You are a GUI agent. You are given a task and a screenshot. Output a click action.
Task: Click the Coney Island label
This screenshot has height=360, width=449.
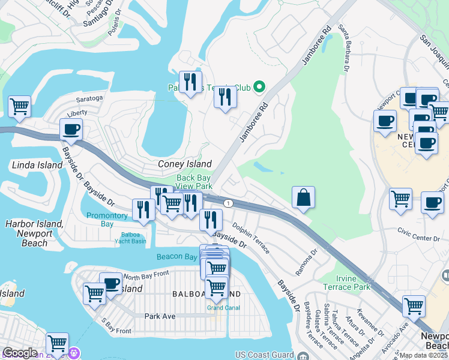(x=184, y=164)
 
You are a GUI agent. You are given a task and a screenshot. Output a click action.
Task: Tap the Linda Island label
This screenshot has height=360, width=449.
(x=37, y=165)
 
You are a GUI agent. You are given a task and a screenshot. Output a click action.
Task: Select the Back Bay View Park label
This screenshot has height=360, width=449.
(x=194, y=182)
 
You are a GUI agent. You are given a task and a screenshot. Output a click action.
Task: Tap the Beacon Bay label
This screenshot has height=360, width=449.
(x=176, y=257)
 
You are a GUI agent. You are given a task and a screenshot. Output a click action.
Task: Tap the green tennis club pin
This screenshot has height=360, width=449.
(x=259, y=88)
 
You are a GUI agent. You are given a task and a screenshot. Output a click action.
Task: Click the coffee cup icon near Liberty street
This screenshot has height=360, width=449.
(x=71, y=129)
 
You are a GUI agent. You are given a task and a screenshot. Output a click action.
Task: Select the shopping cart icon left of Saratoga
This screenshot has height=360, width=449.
(x=20, y=106)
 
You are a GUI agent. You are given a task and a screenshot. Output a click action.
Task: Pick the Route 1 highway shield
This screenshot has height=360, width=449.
(x=228, y=203)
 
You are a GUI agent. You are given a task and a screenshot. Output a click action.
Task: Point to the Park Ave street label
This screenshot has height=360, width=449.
(x=159, y=316)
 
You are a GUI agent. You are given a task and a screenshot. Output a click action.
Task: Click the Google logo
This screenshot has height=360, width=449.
(x=20, y=353)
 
